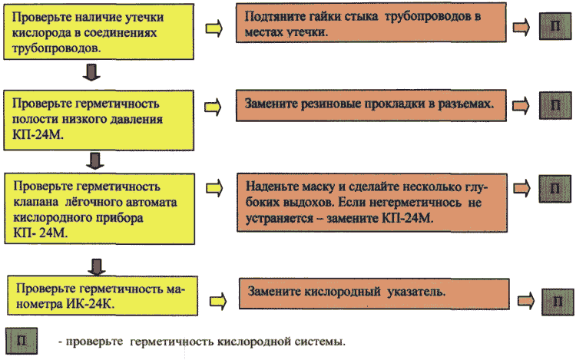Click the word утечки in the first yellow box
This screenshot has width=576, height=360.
pyautogui.click(x=144, y=18)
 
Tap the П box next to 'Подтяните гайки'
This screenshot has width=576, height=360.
pyautogui.click(x=555, y=26)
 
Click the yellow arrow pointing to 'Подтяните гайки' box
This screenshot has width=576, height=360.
pyautogui.click(x=214, y=28)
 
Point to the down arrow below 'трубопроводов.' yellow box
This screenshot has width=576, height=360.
pyautogui.click(x=91, y=72)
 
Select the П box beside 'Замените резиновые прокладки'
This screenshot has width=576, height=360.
pyautogui.click(x=555, y=105)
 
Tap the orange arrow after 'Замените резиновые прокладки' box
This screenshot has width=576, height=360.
pyautogui.click(x=521, y=106)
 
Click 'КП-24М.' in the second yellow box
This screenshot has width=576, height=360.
pyautogui.click(x=38, y=134)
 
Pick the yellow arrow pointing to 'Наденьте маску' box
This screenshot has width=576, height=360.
pyautogui.click(x=214, y=188)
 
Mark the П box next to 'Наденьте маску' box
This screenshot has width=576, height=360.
pyautogui.click(x=554, y=189)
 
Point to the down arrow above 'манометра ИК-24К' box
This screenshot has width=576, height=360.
pyautogui.click(x=97, y=267)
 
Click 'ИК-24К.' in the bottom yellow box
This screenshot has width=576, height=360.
pyautogui.click(x=91, y=304)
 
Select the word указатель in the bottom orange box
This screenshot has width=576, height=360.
pyautogui.click(x=416, y=292)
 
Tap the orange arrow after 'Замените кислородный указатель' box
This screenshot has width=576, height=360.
pyautogui.click(x=526, y=301)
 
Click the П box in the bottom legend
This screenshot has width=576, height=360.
pyautogui.click(x=22, y=341)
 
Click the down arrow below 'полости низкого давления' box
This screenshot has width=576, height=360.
pyautogui.click(x=95, y=160)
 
